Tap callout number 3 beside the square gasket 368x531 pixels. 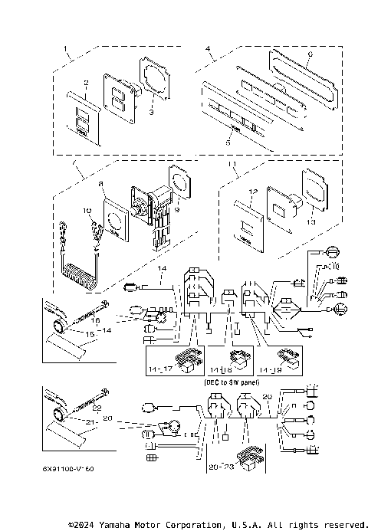coord(151,113)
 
